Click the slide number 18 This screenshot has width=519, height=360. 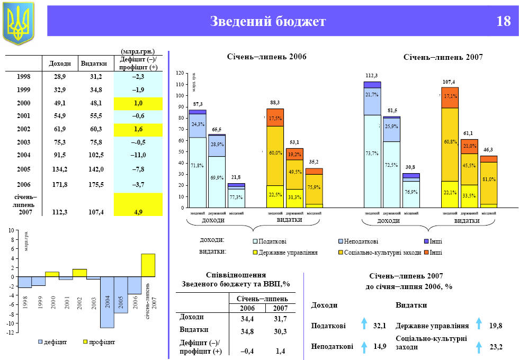tap(503, 22)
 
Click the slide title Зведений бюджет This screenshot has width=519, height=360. tap(267, 22)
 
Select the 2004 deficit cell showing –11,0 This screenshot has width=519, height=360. tap(138, 155)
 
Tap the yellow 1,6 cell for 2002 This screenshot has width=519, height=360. tap(138, 129)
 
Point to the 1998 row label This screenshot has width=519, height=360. tap(23, 77)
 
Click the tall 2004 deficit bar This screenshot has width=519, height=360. tap(107, 302)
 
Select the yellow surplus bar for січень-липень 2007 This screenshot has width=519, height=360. tap(148, 265)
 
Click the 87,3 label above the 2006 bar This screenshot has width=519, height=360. tap(198, 104)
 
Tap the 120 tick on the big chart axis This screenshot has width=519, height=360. tap(180, 73)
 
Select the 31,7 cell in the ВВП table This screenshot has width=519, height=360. tap(281, 319)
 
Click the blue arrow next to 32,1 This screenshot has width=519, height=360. tap(364, 325)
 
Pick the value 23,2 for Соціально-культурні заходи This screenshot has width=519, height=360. tap(496, 347)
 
